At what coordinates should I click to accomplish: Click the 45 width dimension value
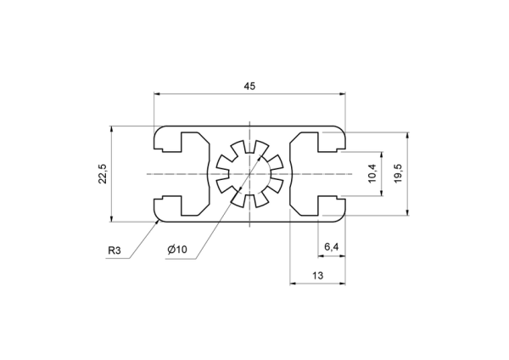pyautogui.click(x=249, y=86)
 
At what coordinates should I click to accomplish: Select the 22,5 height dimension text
pyautogui.click(x=103, y=174)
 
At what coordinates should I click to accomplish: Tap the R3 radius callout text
pyautogui.click(x=115, y=250)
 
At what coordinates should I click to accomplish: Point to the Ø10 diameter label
pyautogui.click(x=177, y=250)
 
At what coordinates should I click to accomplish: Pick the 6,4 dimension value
pyautogui.click(x=332, y=247)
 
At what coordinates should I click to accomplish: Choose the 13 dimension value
pyautogui.click(x=318, y=276)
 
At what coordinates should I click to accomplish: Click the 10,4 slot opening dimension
pyautogui.click(x=372, y=173)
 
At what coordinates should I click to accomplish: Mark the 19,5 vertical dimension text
pyautogui.click(x=399, y=173)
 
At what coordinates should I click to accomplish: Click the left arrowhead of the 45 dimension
pyautogui.click(x=157, y=94)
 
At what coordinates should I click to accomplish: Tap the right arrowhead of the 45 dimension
pyautogui.click(x=342, y=94)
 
